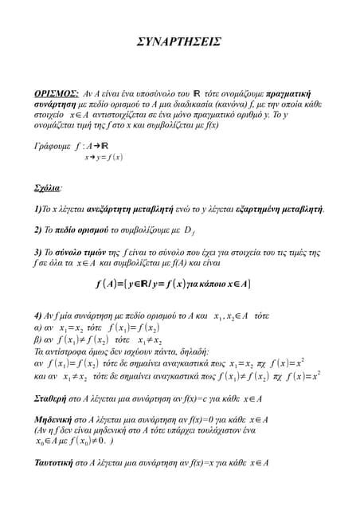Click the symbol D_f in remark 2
coord(189,232)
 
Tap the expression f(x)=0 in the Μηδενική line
coord(206,419)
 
